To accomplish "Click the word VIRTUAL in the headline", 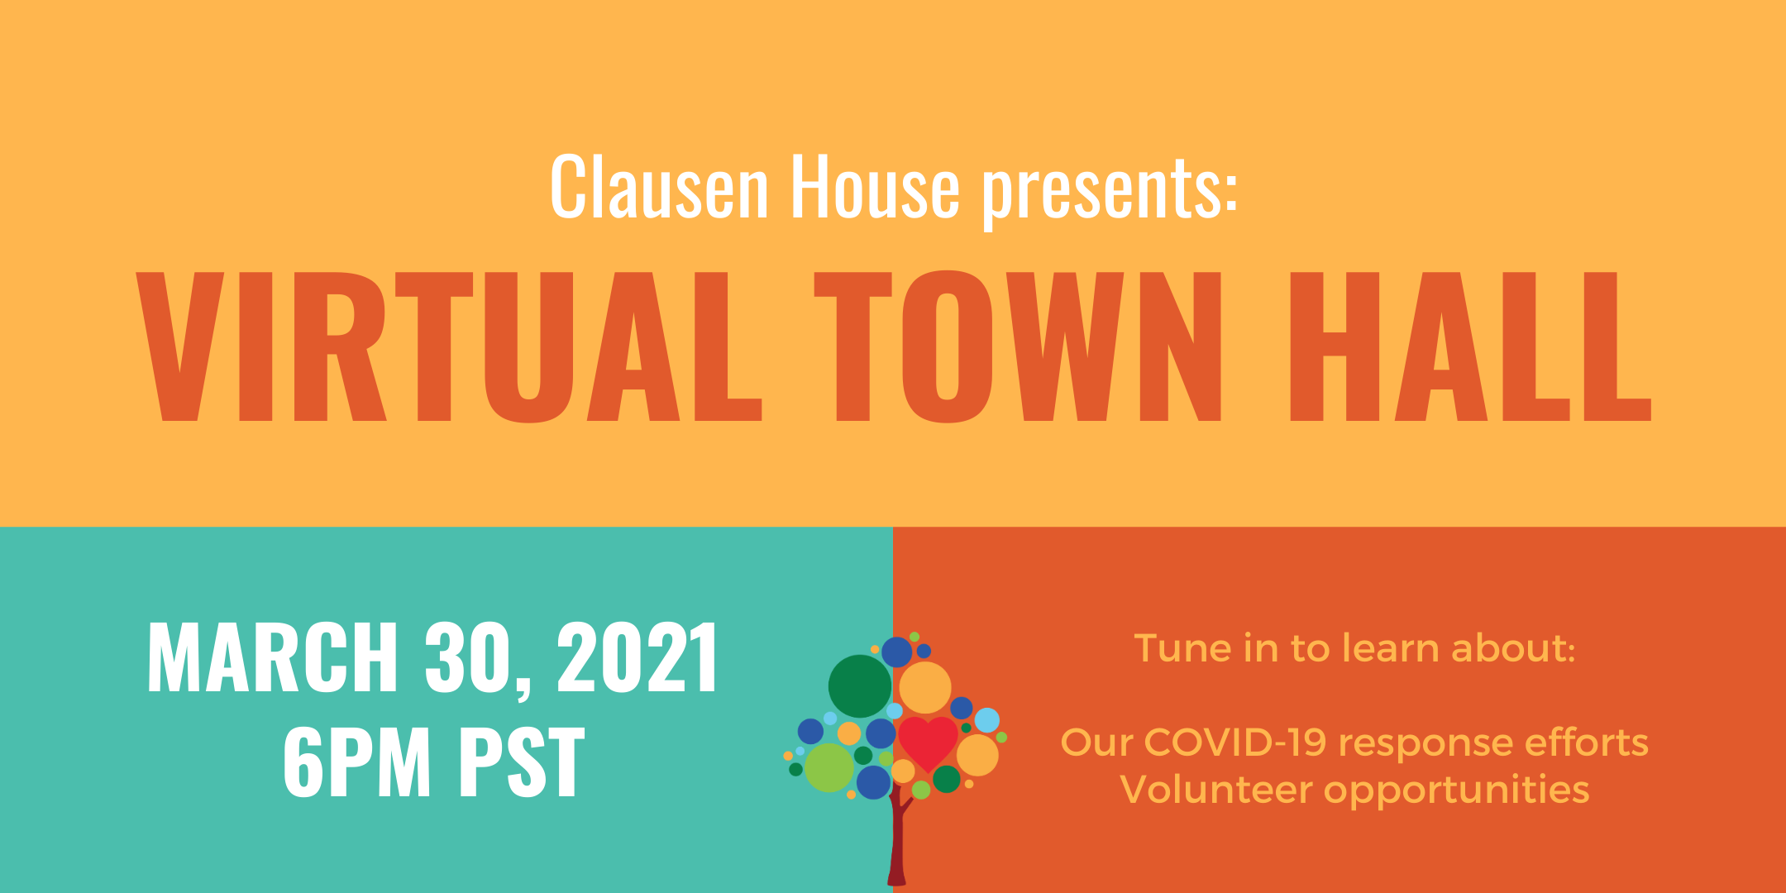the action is click(x=449, y=346).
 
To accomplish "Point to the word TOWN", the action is click(x=1018, y=346).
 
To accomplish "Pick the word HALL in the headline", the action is click(x=1471, y=346).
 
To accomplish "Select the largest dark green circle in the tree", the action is click(x=860, y=686).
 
